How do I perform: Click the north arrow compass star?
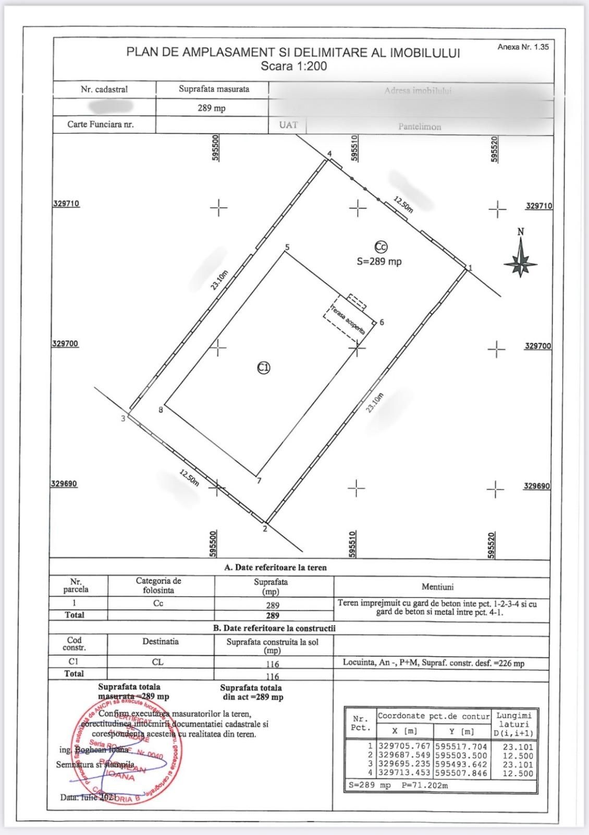tap(520, 261)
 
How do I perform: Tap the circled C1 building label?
tap(264, 367)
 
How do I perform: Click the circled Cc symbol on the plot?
tap(381, 247)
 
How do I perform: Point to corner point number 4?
tap(329, 154)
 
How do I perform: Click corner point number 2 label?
tap(265, 529)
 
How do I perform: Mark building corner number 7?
tap(259, 481)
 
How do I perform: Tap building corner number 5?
tap(287, 247)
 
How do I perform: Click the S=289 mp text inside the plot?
tap(379, 261)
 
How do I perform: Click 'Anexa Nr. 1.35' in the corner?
tap(523, 47)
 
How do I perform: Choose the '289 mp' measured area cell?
tap(212, 108)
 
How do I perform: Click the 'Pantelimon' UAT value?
tap(420, 127)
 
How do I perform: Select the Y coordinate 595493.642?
tap(461, 765)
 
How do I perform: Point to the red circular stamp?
tap(128, 751)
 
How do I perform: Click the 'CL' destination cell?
tap(157, 662)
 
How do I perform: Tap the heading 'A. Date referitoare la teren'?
tap(275, 567)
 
